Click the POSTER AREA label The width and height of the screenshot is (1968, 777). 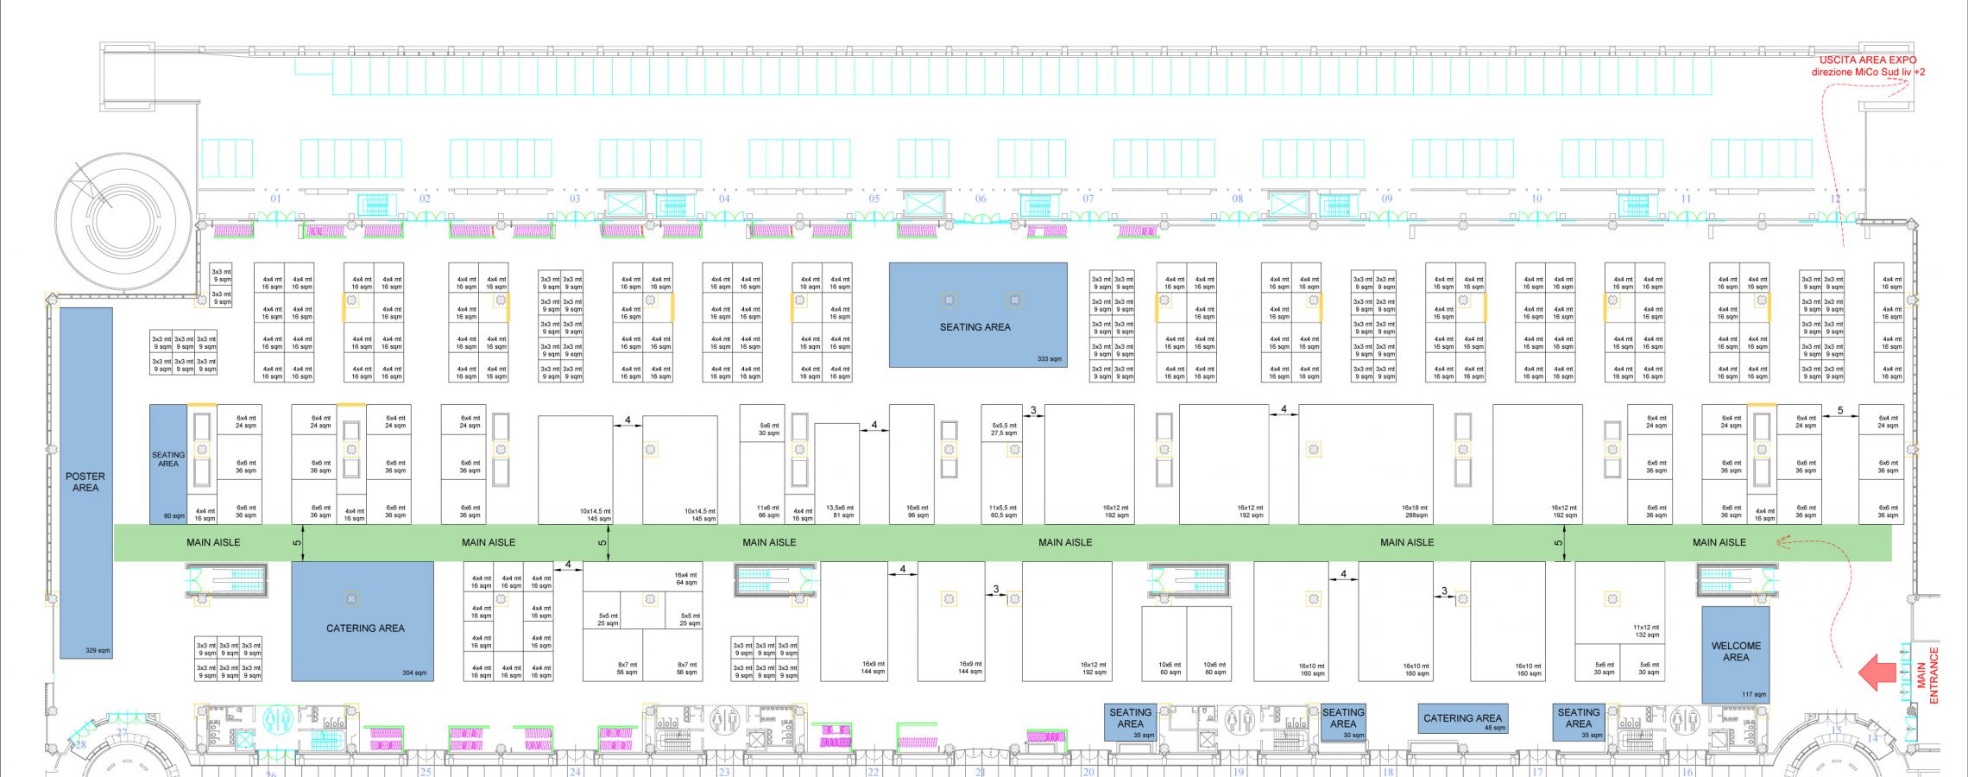click(85, 482)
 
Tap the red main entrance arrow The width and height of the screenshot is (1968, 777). click(1877, 673)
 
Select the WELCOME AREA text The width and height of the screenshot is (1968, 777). click(1736, 652)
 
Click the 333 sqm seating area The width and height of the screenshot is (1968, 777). click(978, 315)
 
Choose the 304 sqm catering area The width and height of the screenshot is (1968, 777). click(363, 622)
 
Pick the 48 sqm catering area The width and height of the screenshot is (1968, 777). click(1462, 719)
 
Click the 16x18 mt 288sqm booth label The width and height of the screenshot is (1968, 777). click(1415, 512)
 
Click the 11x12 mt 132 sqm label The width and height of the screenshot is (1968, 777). click(1646, 631)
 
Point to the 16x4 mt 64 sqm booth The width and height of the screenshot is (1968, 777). click(685, 578)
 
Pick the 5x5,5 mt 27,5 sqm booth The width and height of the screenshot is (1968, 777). click(1004, 429)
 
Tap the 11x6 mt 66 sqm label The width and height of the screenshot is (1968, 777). click(768, 512)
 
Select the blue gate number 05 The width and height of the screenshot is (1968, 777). click(874, 199)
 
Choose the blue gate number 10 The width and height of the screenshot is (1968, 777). click(1536, 199)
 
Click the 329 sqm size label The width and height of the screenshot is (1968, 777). click(98, 650)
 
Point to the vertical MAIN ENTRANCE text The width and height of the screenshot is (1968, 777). click(1927, 675)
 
